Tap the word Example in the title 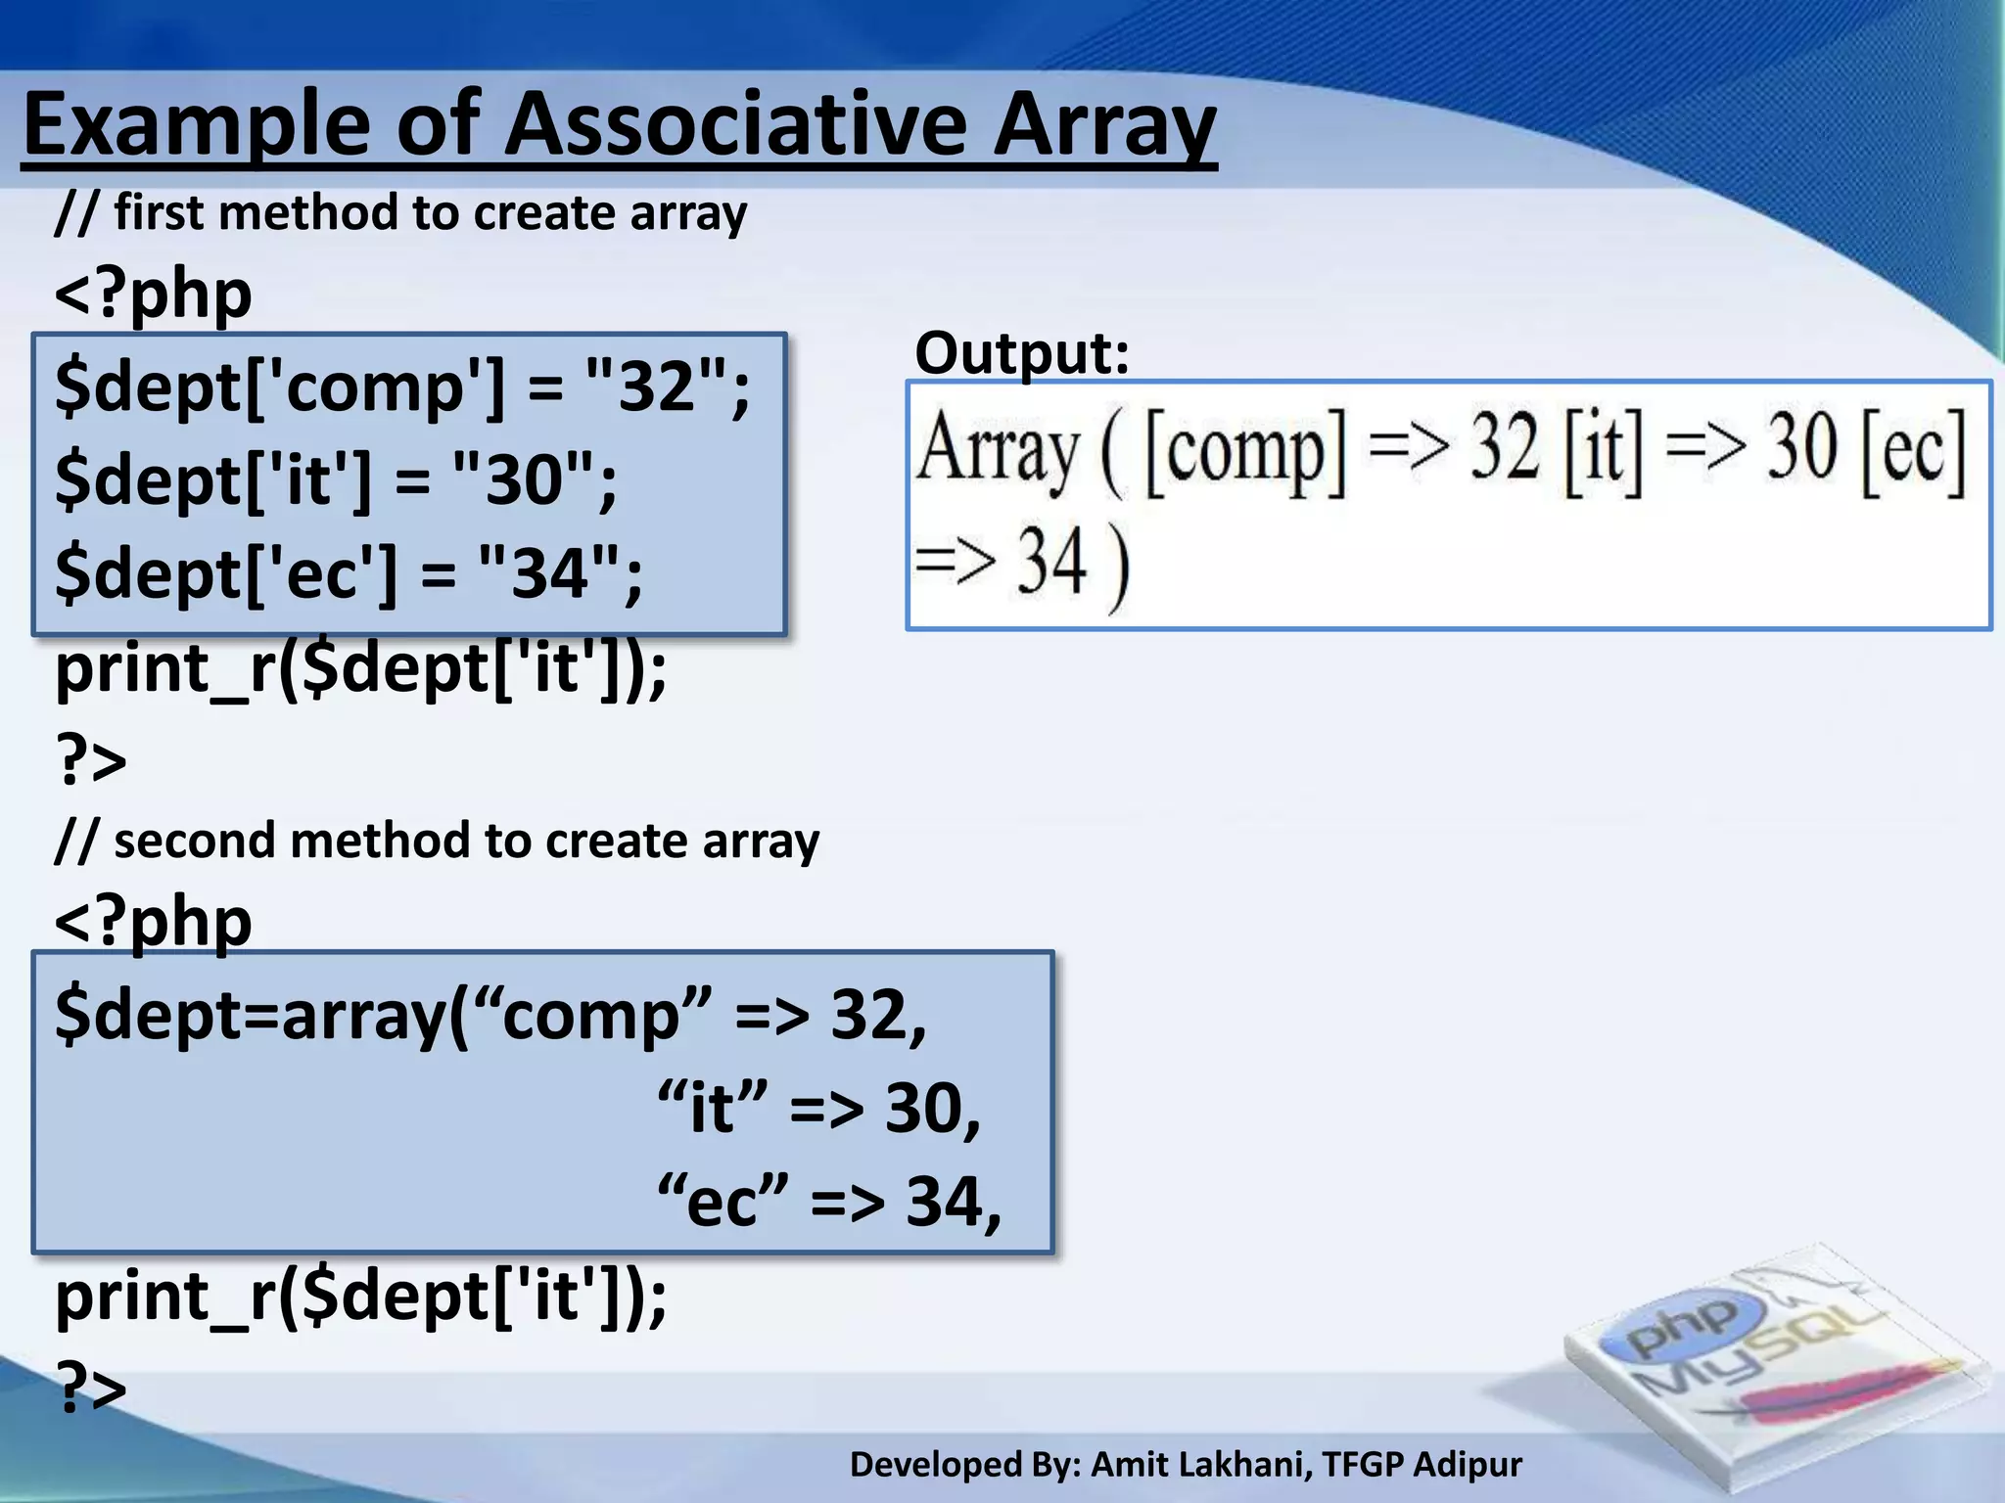tap(196, 127)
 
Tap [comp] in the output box tap(1245, 450)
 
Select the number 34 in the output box tap(1051, 562)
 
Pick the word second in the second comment tap(194, 842)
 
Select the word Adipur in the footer tap(1468, 1465)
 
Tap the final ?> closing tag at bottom tap(91, 1388)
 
